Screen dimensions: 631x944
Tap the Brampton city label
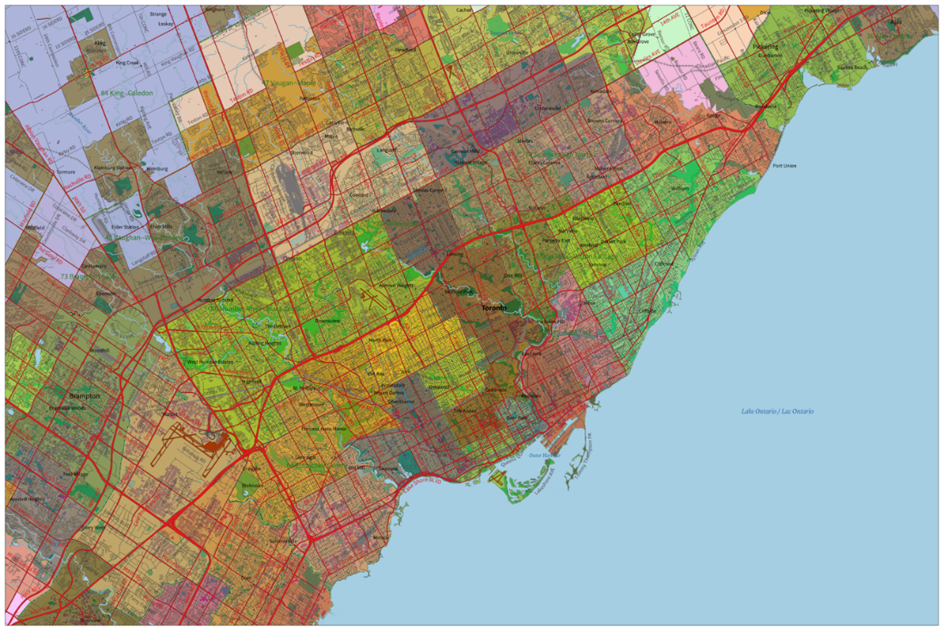tap(85, 396)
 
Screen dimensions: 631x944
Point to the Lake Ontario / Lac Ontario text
tap(776, 412)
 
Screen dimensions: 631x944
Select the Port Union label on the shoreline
tap(784, 166)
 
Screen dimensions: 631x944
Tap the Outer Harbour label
tap(544, 454)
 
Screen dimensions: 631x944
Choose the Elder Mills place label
tap(137, 226)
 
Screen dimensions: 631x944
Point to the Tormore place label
tap(65, 171)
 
